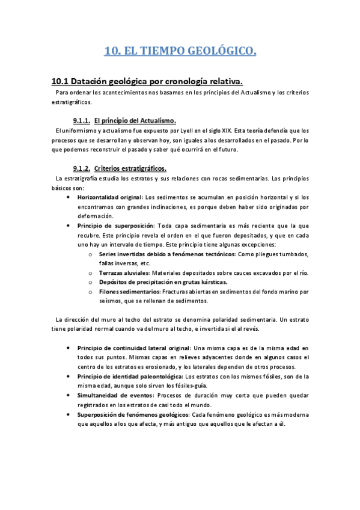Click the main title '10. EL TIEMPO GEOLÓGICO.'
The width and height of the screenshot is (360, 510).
coord(180,52)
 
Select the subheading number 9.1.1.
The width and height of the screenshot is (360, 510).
coord(81,120)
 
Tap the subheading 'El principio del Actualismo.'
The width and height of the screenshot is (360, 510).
coord(135,120)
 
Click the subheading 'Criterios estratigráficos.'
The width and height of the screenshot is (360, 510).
coord(130,168)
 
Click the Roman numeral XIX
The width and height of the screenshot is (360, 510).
coord(207,131)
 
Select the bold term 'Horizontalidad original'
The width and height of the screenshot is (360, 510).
coord(110,197)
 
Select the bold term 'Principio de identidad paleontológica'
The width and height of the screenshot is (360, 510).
coord(129,376)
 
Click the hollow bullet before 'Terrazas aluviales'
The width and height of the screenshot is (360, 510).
coord(90,273)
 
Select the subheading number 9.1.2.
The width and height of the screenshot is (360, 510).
coord(81,168)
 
